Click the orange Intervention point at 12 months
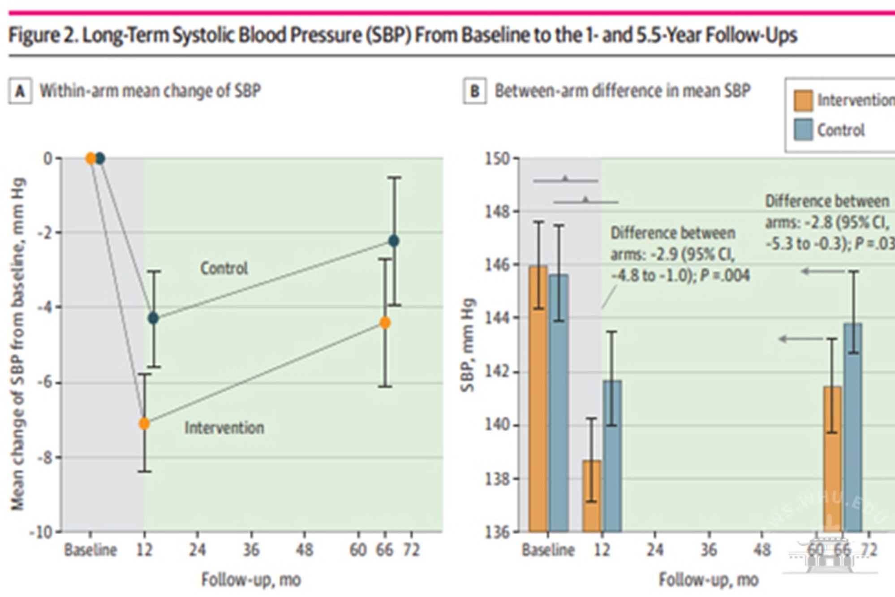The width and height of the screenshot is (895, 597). pos(144,424)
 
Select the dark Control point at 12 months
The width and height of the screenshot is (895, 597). pos(153,318)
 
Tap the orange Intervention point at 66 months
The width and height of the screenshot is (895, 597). pos(385,323)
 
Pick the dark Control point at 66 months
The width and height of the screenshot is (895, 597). pos(394,241)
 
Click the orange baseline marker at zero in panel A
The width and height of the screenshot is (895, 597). pos(90,158)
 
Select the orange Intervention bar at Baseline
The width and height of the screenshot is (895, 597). pos(538,399)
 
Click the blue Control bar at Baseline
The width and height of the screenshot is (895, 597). pos(559,403)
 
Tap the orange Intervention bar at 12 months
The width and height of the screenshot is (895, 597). pos(592,495)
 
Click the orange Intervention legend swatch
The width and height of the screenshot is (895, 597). pos(803,100)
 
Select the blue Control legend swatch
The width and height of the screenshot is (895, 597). pos(803,130)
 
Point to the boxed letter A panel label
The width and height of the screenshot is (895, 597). pos(20,91)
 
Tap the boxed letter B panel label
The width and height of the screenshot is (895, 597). pos(475,91)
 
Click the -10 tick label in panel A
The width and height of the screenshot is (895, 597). pos(41,532)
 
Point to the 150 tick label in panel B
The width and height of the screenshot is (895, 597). pos(497,159)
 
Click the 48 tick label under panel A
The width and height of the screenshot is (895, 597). pos(305,549)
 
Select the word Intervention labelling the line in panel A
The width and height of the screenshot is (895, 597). pos(224,428)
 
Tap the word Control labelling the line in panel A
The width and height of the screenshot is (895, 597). pos(224,268)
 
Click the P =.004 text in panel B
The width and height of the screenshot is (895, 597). pos(725,276)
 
